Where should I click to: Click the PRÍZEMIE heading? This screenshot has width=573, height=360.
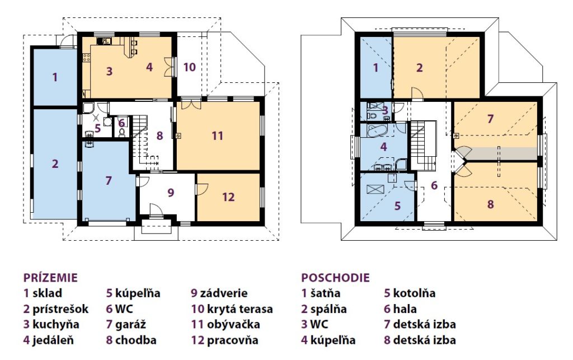pyautogui.click(x=50, y=278)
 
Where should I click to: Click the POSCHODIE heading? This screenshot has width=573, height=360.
pyautogui.click(x=335, y=278)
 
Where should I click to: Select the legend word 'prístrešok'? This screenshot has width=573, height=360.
pyautogui.click(x=60, y=309)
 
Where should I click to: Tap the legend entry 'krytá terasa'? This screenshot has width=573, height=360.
pyautogui.click(x=239, y=309)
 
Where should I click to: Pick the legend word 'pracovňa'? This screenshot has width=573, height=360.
pyautogui.click(x=232, y=340)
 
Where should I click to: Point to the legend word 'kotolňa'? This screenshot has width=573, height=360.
pyautogui.click(x=414, y=293)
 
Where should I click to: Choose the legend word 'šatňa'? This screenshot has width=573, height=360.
pyautogui.click(x=325, y=293)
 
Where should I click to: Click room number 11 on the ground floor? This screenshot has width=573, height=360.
pyautogui.click(x=218, y=136)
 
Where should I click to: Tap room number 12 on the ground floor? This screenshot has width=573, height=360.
pyautogui.click(x=228, y=198)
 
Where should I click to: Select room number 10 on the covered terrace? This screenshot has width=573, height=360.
pyautogui.click(x=190, y=67)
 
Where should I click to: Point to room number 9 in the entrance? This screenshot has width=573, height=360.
pyautogui.click(x=171, y=193)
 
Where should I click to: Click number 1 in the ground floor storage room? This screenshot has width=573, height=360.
pyautogui.click(x=55, y=77)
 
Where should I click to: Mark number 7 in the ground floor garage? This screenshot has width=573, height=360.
pyautogui.click(x=108, y=180)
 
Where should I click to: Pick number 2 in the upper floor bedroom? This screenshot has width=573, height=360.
pyautogui.click(x=420, y=68)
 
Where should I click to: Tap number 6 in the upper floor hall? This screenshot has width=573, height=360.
pyautogui.click(x=434, y=185)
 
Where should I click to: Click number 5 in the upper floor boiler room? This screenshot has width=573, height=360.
pyautogui.click(x=398, y=206)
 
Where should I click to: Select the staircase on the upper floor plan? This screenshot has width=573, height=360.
pyautogui.click(x=423, y=145)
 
